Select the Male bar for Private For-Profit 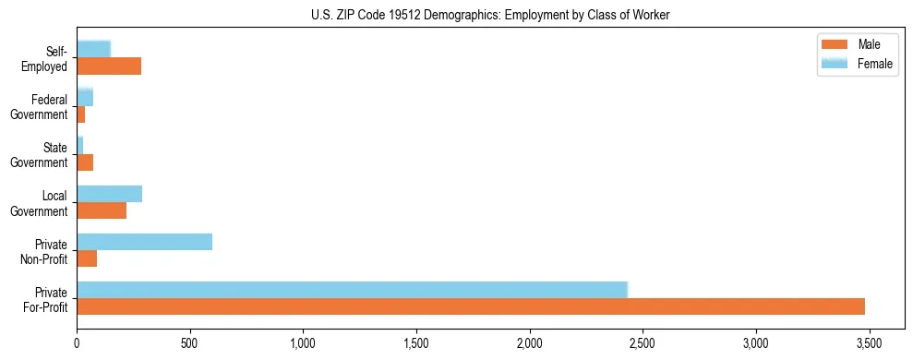point(471,306)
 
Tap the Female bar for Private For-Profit point(352,290)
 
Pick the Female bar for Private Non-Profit point(144,242)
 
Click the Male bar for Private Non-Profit point(87,258)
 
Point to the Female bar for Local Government point(109,194)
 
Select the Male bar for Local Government point(102,210)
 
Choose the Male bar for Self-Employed point(109,66)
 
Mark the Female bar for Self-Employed point(93,49)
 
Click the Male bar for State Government point(85,162)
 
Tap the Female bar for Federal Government point(85,97)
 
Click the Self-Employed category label point(49,57)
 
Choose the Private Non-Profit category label point(46,250)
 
